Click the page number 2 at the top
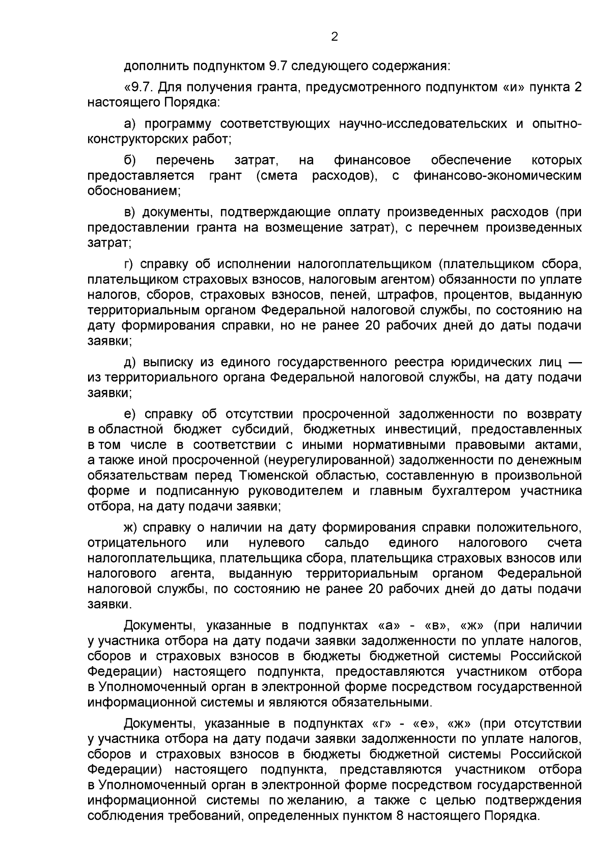[335, 37]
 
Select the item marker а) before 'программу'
[129, 124]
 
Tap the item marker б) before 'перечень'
[129, 161]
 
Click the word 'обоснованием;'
[134, 191]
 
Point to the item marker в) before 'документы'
[129, 212]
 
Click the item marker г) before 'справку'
[128, 264]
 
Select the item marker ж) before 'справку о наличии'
[131, 527]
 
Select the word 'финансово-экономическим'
[497, 176]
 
